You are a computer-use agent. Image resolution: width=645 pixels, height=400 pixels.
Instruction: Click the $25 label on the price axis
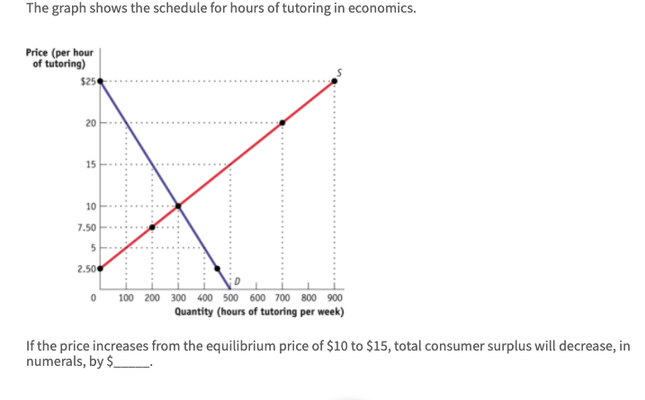pyautogui.click(x=87, y=81)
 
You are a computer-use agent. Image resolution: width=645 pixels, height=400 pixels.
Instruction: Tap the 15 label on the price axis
pyautogui.click(x=90, y=164)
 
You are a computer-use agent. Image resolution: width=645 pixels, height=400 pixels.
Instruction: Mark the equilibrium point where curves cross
pyautogui.click(x=178, y=207)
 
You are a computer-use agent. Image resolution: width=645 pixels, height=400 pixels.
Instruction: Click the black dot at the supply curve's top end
pyautogui.click(x=335, y=81)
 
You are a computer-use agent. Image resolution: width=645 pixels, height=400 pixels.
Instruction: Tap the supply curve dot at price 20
pyautogui.click(x=282, y=122)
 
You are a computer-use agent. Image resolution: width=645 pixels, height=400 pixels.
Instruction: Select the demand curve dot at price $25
pyautogui.click(x=100, y=81)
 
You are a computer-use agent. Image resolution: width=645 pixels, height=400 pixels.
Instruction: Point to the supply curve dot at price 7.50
pyautogui.click(x=152, y=227)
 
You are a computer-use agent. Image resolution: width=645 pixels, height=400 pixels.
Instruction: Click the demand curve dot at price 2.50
pyautogui.click(x=218, y=268)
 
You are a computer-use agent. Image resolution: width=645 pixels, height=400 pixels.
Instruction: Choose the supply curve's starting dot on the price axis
pyautogui.click(x=100, y=268)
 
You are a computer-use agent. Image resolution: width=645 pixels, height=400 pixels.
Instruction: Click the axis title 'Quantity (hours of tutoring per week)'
pyautogui.click(x=258, y=313)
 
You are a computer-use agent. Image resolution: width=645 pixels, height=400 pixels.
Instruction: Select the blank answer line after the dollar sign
pyautogui.click(x=131, y=364)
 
